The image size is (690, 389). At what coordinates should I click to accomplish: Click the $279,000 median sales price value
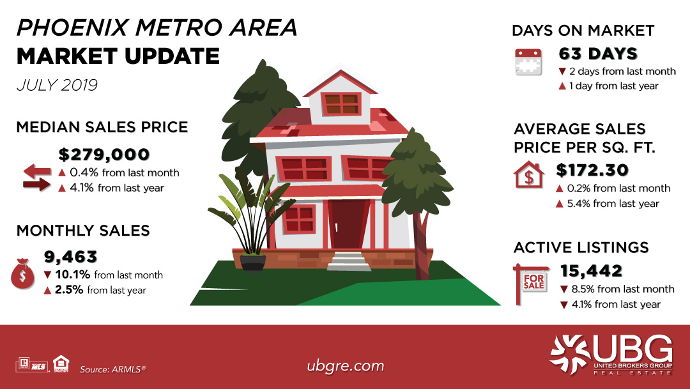(104, 155)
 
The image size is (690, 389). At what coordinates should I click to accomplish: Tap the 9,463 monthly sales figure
(70, 257)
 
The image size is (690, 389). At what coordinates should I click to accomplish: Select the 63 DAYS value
(598, 54)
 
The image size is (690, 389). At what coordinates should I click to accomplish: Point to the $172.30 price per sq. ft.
(592, 170)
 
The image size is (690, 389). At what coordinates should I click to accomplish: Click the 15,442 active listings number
(591, 271)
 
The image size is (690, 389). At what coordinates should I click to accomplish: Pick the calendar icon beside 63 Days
(528, 62)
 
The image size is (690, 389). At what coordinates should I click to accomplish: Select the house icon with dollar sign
(528, 174)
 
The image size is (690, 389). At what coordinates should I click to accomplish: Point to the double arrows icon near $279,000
(37, 178)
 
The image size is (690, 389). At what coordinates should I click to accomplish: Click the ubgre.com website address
(346, 366)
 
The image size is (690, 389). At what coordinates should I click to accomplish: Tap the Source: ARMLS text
(112, 369)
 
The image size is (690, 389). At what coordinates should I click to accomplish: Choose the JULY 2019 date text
(57, 85)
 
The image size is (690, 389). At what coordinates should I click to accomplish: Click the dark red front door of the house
(348, 224)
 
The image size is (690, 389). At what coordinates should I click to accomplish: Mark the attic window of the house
(341, 104)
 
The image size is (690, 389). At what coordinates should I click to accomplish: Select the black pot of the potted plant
(253, 263)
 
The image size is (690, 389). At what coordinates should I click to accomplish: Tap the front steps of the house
(349, 261)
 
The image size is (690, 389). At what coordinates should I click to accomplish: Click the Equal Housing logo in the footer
(61, 363)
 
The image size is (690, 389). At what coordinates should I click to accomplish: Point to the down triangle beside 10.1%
(48, 275)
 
